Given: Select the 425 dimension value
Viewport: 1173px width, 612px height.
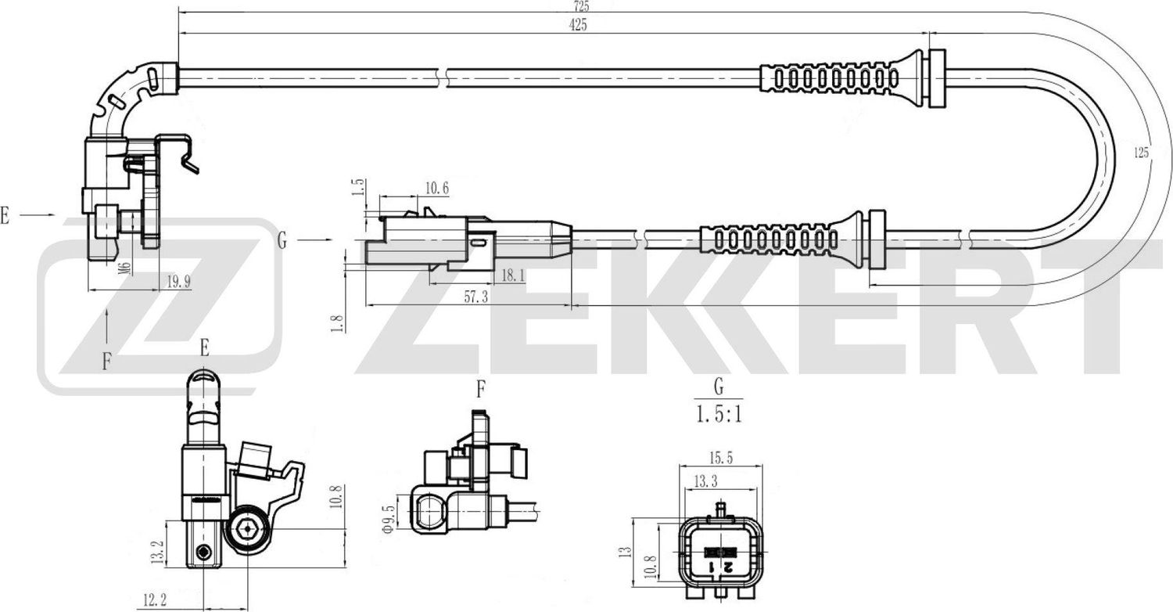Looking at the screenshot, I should pyautogui.click(x=578, y=25).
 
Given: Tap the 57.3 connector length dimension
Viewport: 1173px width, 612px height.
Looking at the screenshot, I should pyautogui.click(x=475, y=297).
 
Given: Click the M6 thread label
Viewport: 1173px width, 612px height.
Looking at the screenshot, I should pyautogui.click(x=123, y=268).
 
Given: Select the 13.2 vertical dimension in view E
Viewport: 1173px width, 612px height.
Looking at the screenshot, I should pyautogui.click(x=157, y=554).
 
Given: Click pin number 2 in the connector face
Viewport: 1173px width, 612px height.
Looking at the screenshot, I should pyautogui.click(x=727, y=566).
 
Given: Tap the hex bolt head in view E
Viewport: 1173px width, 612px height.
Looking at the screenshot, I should pyautogui.click(x=248, y=531).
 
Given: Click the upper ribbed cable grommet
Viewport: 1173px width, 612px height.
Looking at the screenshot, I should pyautogui.click(x=837, y=77).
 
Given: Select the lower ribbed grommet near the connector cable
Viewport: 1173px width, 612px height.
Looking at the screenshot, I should pyautogui.click(x=770, y=238).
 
